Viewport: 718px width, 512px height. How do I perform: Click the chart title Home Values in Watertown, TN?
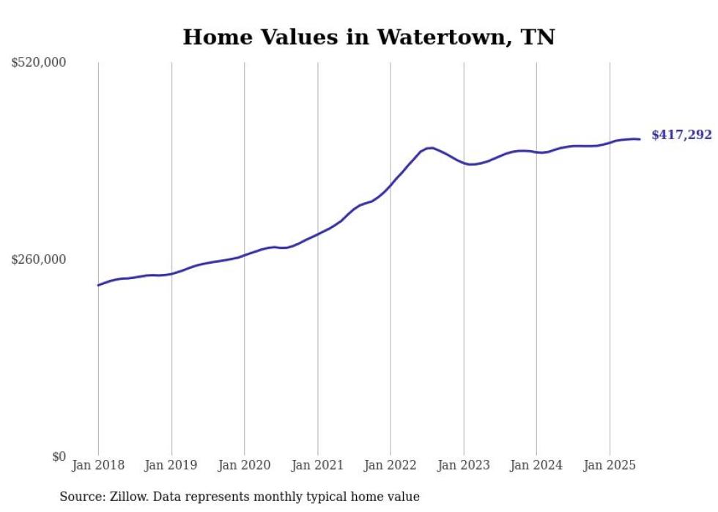coord(369,37)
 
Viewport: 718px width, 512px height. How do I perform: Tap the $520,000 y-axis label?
coord(39,63)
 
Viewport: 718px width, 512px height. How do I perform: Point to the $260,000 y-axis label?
coord(39,259)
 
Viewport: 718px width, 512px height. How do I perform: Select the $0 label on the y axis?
coord(59,456)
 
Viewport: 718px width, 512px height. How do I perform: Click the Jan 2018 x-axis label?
coord(98,465)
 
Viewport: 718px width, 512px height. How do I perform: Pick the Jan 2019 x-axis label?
coord(171,465)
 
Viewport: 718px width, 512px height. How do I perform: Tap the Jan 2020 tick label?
coord(245,465)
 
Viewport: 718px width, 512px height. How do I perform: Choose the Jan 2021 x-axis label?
coord(317,465)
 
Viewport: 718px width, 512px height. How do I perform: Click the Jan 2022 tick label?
coord(391,465)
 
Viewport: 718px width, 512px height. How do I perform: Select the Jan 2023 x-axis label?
coord(463,465)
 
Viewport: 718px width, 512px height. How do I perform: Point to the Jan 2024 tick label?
coord(536,465)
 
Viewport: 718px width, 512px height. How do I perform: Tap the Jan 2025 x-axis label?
coord(610,465)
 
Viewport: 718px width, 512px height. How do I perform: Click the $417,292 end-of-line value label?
coord(681,135)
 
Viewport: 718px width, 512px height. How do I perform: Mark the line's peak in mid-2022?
coord(430,148)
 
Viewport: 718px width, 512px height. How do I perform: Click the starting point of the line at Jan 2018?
coord(98,285)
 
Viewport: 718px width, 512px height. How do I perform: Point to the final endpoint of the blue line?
coord(640,139)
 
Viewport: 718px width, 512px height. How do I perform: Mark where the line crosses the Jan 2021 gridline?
coord(317,234)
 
